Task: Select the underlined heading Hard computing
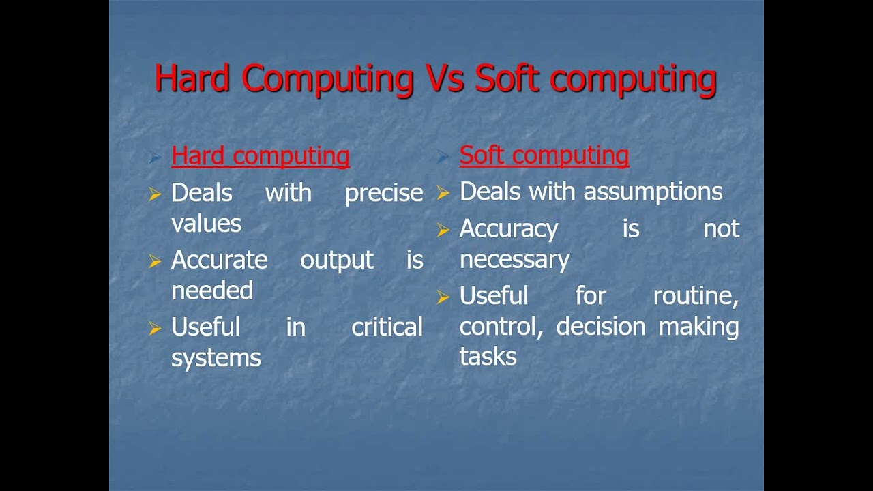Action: point(260,156)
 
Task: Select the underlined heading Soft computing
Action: point(544,155)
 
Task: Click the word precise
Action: point(384,194)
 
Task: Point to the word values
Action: point(206,224)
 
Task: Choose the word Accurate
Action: point(219,260)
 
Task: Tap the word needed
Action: point(212,291)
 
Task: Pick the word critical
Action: point(387,327)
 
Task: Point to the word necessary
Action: point(514,260)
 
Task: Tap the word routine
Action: point(696,296)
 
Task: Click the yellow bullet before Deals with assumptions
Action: point(443,194)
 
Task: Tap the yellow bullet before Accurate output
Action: point(155,261)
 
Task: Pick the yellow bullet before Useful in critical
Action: point(155,329)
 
